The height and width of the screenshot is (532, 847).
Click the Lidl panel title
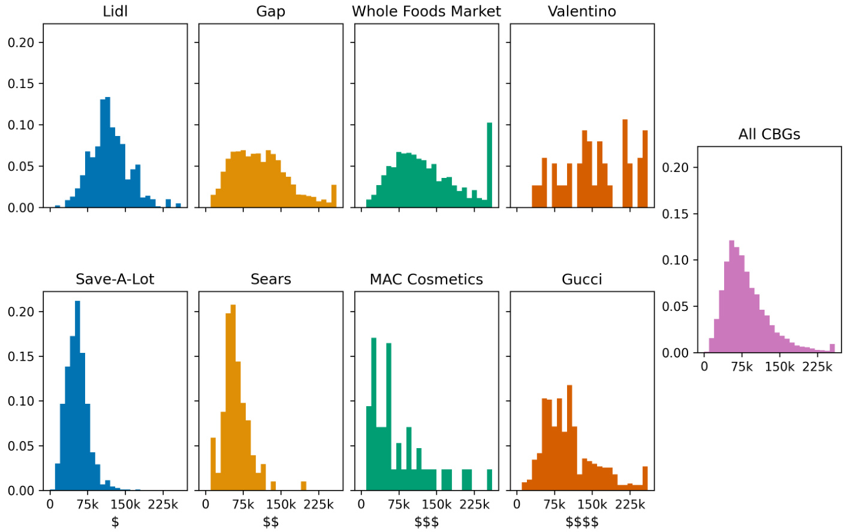point(115,11)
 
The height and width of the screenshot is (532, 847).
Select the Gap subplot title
point(270,11)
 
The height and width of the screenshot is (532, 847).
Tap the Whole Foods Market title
point(426,11)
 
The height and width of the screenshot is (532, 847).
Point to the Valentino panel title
point(581,11)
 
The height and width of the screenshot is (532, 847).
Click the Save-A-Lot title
point(115,279)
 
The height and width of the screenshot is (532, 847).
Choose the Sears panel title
point(270,279)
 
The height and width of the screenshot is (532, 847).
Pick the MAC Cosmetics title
point(426,279)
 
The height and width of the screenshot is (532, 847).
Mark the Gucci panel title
point(581,279)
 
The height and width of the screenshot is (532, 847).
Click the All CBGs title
point(769,134)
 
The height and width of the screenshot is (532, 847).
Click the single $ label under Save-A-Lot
point(115,522)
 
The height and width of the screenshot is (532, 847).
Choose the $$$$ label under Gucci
point(581,522)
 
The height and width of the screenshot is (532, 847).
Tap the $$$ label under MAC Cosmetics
point(426,522)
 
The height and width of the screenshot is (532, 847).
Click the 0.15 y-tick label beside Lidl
point(21,84)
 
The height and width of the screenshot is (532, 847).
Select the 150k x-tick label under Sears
point(281,504)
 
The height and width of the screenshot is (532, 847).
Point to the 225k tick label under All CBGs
point(817,367)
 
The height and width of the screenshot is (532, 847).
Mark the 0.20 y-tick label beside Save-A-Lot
point(21,312)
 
